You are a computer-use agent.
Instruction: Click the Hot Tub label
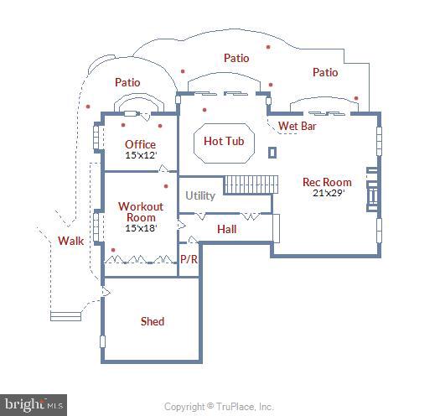(x=224, y=141)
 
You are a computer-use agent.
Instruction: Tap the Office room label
(x=141, y=144)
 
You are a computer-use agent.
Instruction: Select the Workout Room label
(x=141, y=212)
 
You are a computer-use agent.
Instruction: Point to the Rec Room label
(x=327, y=182)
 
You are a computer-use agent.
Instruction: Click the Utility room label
(x=200, y=195)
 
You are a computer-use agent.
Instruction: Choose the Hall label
(x=226, y=229)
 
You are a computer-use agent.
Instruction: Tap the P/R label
(x=189, y=259)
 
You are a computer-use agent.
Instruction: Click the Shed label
(x=153, y=321)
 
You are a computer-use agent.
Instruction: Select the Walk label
(x=70, y=242)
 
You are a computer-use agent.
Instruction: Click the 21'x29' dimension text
(x=328, y=193)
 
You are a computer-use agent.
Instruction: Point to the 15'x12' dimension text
(x=141, y=155)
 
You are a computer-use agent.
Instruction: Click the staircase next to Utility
(x=249, y=184)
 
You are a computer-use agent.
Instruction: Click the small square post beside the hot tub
(x=272, y=152)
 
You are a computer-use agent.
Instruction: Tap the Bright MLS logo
(x=34, y=404)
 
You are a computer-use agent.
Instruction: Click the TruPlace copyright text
(x=219, y=407)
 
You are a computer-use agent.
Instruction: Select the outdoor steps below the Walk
(x=66, y=315)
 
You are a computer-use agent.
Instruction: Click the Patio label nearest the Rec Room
(x=325, y=73)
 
